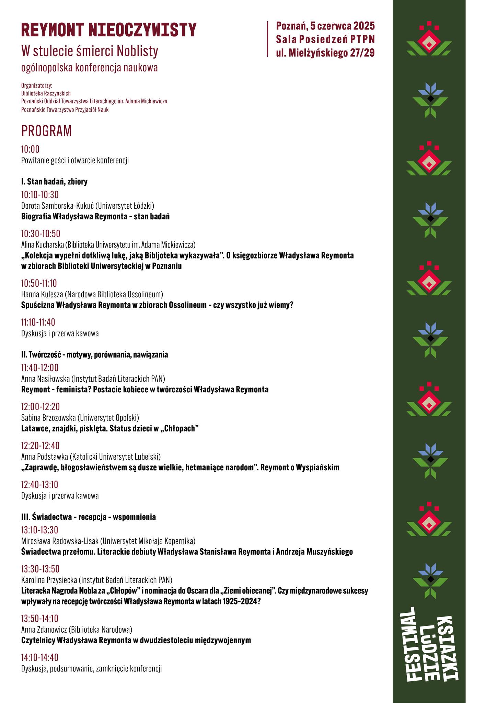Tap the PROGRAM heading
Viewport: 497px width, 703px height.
(x=46, y=131)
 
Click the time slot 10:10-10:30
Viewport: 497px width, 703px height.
(x=40, y=195)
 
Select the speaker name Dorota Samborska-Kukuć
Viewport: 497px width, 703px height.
(x=57, y=206)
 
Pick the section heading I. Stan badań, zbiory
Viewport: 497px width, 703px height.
(x=54, y=182)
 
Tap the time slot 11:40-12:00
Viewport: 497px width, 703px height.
(x=40, y=368)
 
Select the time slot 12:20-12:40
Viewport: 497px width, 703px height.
(x=40, y=446)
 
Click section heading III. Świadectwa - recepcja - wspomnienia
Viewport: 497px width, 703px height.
(x=89, y=517)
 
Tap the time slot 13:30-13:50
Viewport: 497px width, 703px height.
(x=40, y=569)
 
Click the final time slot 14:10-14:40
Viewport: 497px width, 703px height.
(x=40, y=657)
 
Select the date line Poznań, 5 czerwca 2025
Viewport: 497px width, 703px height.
(x=325, y=26)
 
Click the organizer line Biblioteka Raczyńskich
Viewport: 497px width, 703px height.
(x=46, y=93)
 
